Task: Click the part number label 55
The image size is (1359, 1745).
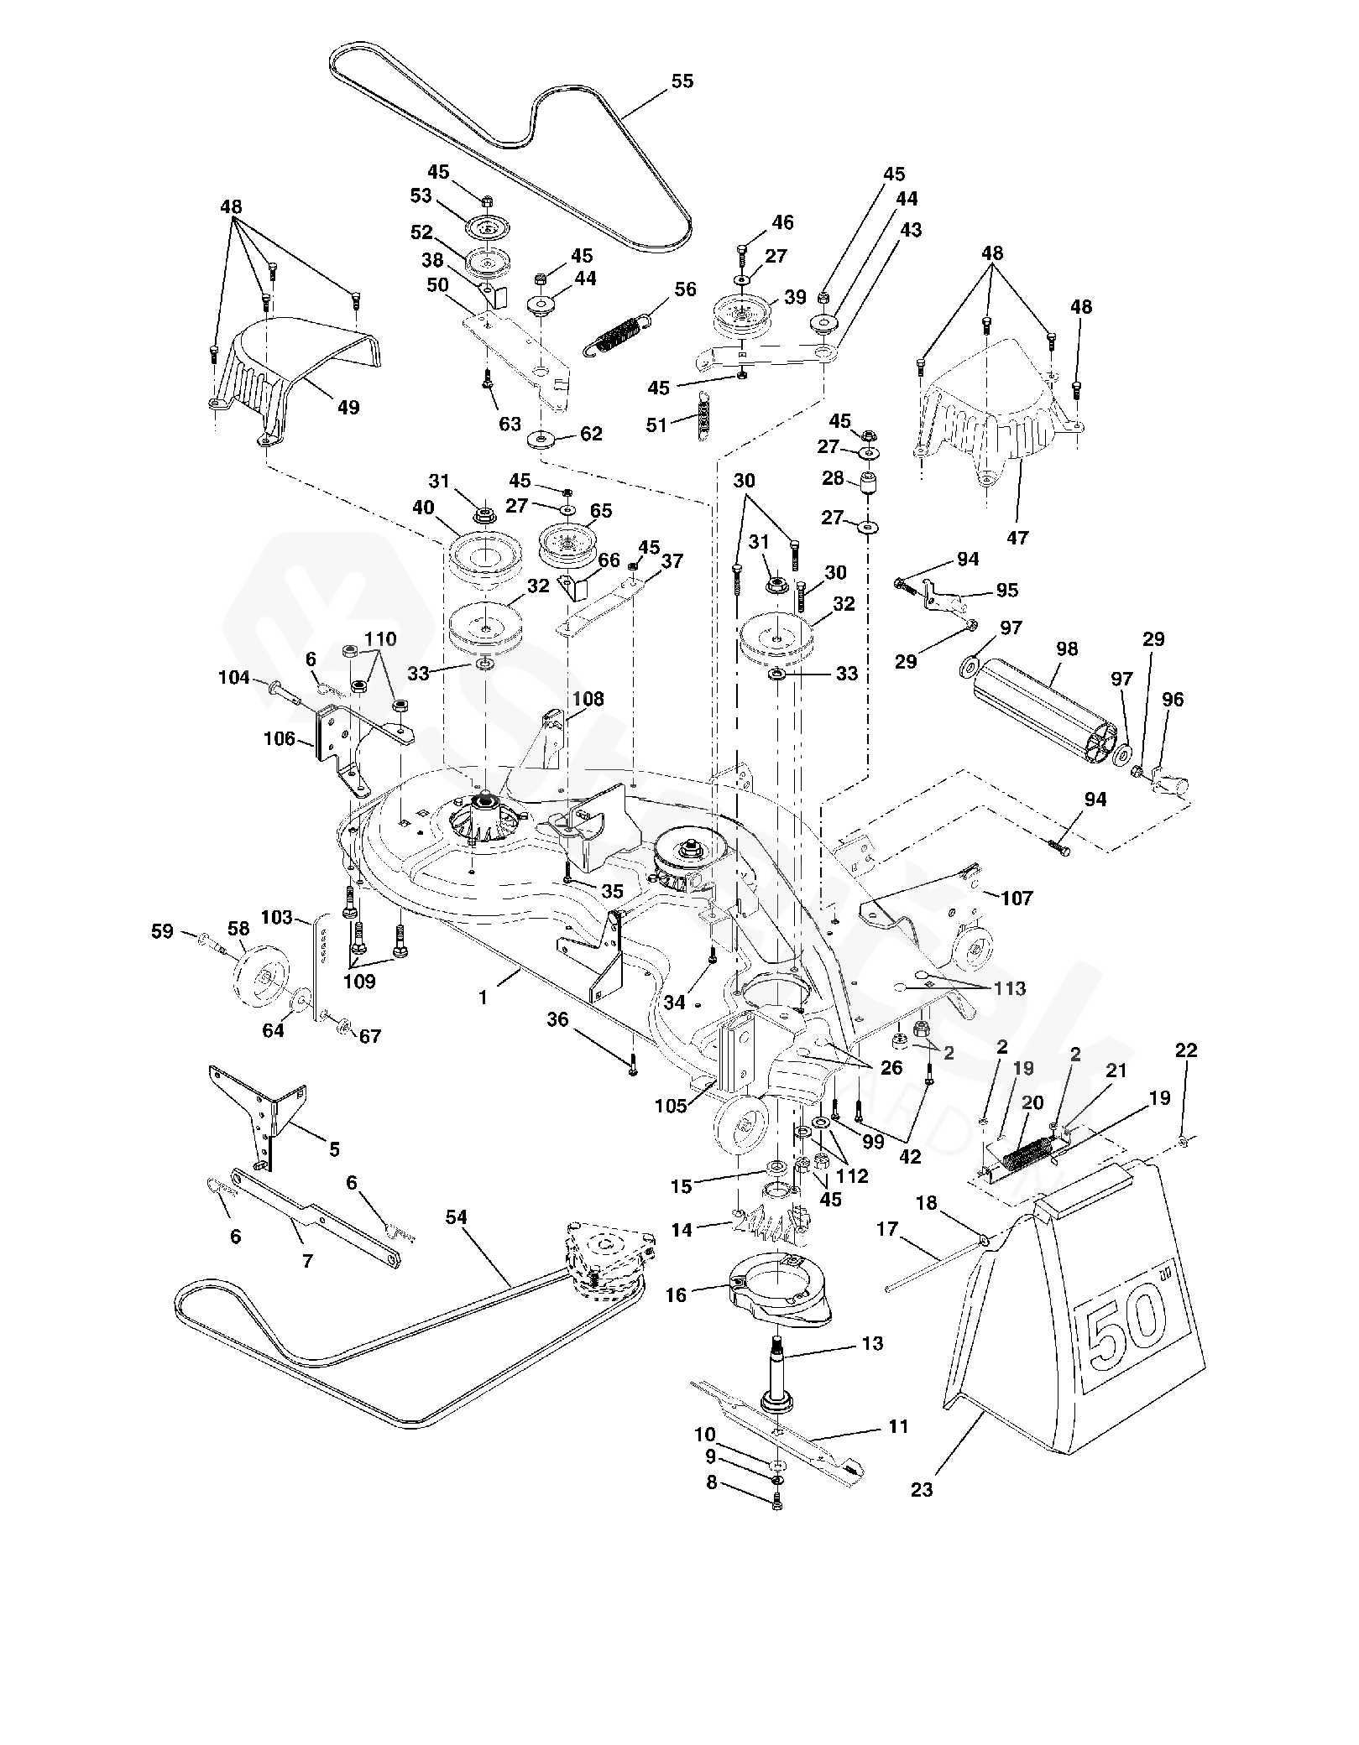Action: (682, 81)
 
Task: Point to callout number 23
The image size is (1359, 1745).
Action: (922, 1490)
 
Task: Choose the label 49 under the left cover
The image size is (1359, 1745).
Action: (348, 408)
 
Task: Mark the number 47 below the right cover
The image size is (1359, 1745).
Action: (1017, 538)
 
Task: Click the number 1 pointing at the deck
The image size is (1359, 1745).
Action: (483, 997)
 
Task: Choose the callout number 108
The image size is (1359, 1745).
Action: (588, 699)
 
